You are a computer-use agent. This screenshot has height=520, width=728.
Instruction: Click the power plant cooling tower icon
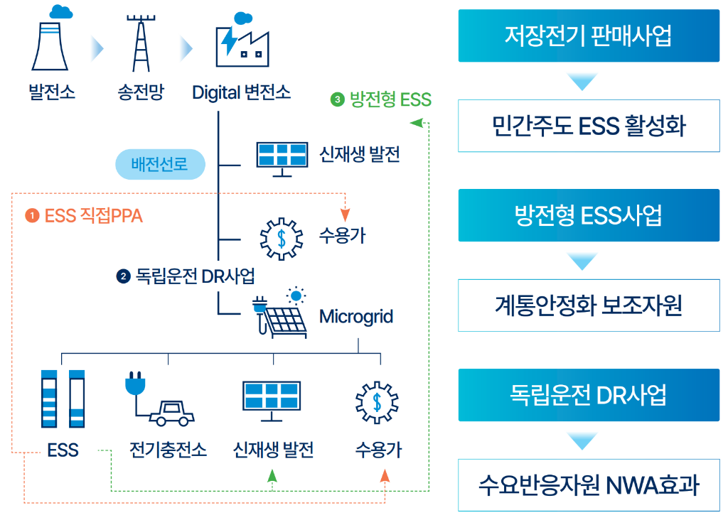coord(50,43)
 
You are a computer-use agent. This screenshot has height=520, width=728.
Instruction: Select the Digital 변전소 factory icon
coord(241,43)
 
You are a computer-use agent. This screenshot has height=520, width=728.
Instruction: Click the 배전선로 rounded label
coord(160,166)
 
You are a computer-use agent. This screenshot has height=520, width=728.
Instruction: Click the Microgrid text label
coord(356,316)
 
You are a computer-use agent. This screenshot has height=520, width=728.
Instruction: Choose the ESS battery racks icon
coord(63,399)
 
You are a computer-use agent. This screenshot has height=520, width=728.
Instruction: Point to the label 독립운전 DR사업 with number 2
coord(186,276)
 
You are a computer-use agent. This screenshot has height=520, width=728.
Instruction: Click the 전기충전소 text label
coord(168,450)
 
